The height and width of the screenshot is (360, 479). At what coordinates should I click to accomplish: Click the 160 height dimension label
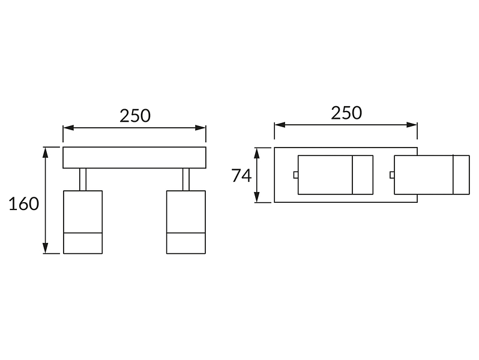(24, 204)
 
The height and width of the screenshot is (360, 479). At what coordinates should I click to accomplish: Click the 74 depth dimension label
(241, 176)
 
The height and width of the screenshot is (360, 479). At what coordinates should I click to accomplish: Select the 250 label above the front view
(134, 116)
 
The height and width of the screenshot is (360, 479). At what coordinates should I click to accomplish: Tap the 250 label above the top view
(346, 113)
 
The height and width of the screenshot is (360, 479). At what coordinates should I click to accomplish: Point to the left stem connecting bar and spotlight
(83, 179)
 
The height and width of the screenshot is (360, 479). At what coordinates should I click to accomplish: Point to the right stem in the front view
(186, 179)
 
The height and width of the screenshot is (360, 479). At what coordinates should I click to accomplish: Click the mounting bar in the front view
(134, 158)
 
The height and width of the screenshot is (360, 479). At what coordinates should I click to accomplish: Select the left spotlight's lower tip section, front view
(83, 244)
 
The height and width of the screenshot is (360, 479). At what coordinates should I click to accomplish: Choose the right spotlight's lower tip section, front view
(186, 244)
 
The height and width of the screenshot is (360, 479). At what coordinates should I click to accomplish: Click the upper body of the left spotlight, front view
(83, 212)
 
